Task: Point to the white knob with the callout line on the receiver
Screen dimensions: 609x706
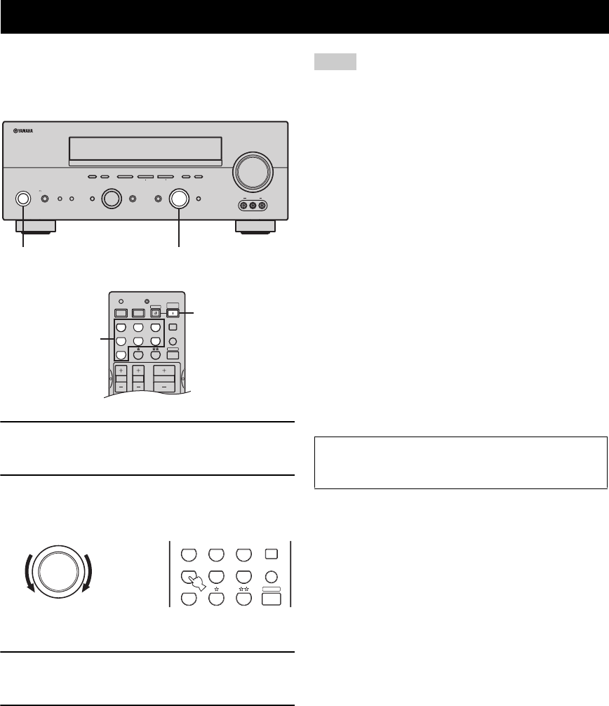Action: (x=179, y=199)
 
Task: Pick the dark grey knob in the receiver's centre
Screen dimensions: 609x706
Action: (x=110, y=199)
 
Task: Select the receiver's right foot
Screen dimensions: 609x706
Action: (x=255, y=227)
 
